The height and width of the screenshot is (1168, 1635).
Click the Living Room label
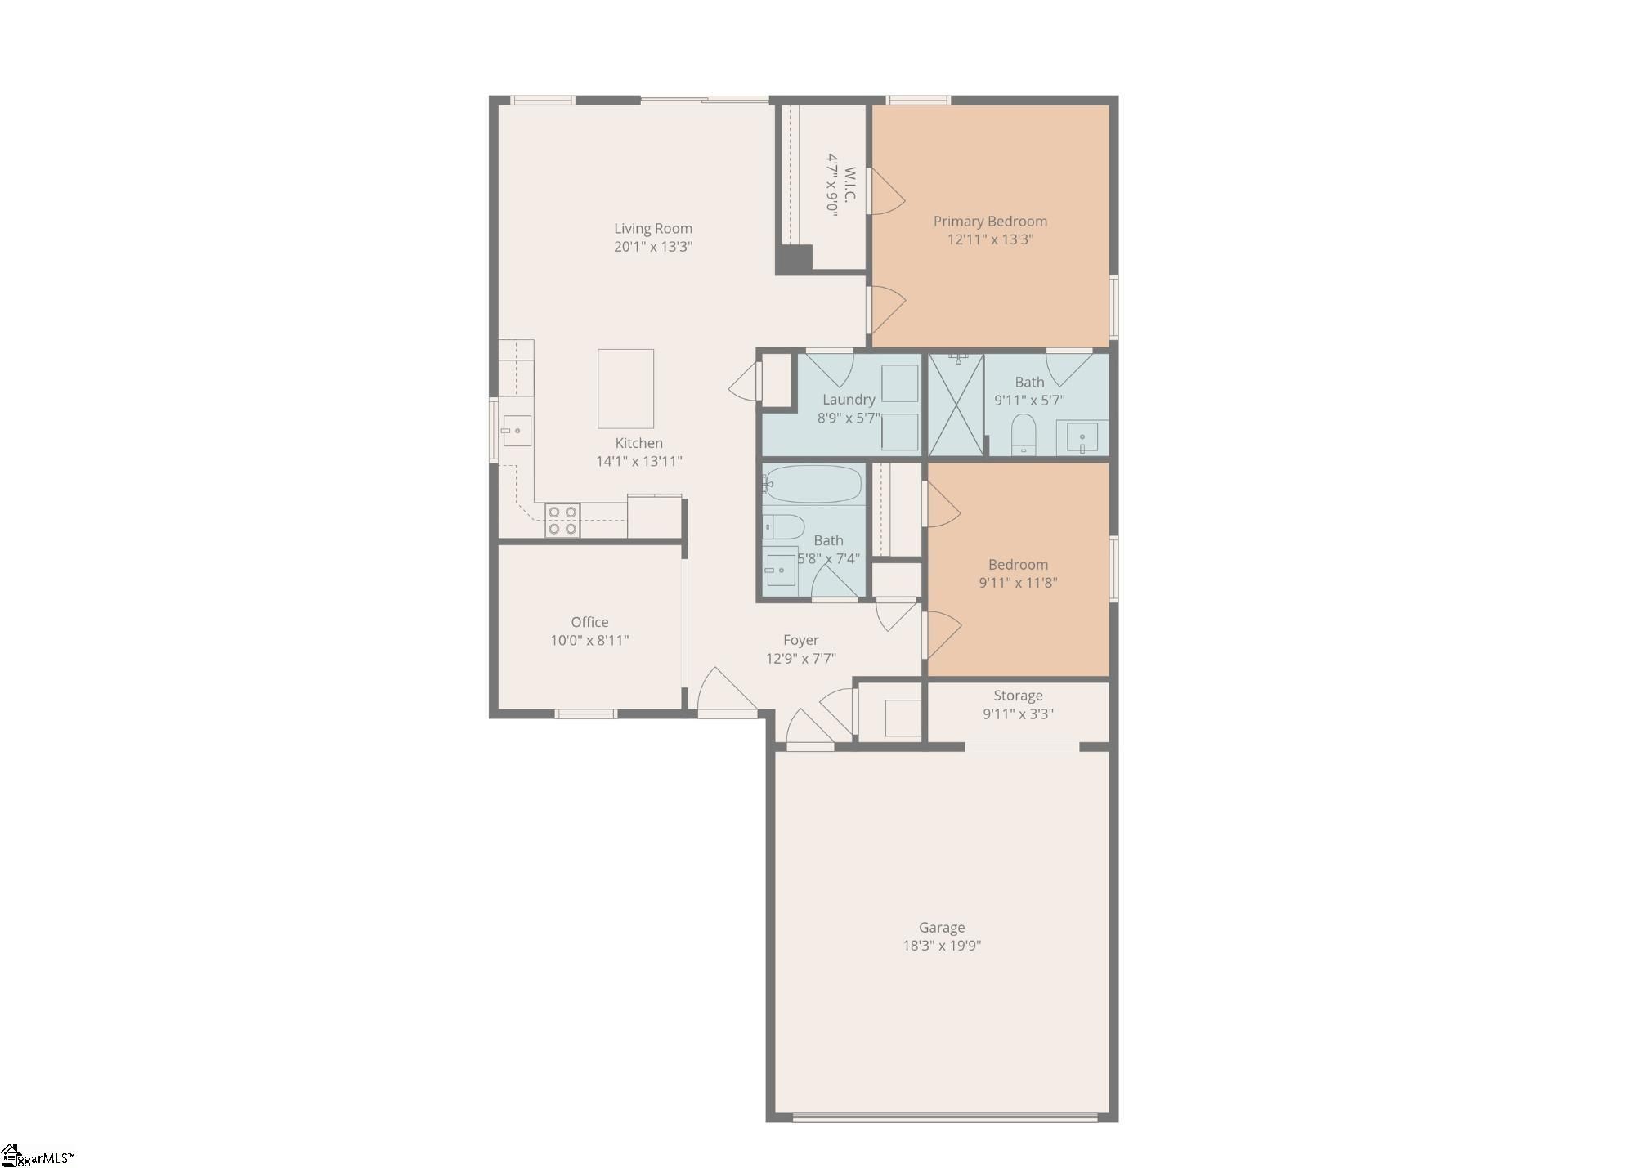point(653,229)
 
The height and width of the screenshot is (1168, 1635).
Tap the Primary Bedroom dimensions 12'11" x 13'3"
point(990,239)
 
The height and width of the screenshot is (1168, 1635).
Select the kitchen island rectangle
point(625,388)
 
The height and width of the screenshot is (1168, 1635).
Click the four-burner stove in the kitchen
point(562,521)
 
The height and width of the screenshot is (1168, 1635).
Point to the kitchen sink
point(517,431)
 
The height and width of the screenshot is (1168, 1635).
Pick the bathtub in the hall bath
point(813,484)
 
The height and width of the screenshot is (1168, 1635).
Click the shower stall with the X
point(956,405)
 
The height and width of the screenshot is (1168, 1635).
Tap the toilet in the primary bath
point(1024,435)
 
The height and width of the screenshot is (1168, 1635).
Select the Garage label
point(942,928)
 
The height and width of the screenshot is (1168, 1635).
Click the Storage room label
point(1018,696)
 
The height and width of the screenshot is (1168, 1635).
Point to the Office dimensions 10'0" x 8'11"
point(589,641)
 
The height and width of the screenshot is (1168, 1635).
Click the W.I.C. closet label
point(850,185)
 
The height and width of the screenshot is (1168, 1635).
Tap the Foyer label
point(800,640)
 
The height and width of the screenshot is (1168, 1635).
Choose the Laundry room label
point(849,400)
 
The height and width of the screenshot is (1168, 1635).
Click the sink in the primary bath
point(1082,437)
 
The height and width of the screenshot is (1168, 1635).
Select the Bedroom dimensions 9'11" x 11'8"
point(1018,583)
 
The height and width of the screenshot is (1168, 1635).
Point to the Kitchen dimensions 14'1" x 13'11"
point(638,461)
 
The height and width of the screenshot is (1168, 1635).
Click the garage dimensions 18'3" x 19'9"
point(942,946)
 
